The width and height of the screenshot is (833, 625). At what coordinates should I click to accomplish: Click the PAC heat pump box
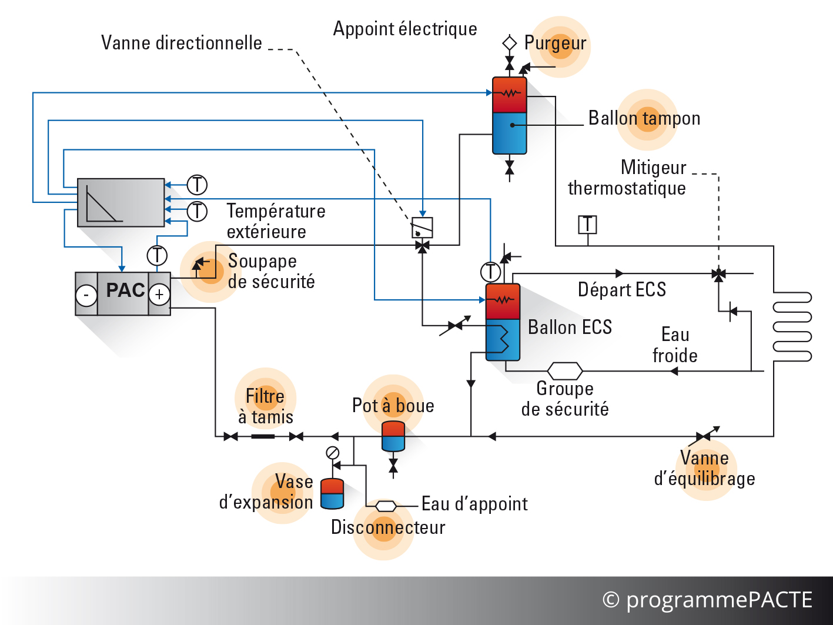pos(123,293)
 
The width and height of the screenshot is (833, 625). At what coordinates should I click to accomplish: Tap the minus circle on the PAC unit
pos(86,294)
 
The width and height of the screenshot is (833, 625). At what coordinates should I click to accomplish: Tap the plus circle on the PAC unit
pos(159,294)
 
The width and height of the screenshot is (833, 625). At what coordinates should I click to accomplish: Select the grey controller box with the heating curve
pos(121,203)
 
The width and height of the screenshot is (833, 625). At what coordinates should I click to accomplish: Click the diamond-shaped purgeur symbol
pos(510,43)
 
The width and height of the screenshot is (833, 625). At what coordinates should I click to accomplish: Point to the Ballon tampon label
pos(644,118)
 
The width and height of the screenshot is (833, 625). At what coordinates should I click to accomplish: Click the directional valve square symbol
pos(422,228)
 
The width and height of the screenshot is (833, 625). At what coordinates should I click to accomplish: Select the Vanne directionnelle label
pos(182,43)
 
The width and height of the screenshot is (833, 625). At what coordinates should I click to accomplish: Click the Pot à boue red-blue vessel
pos(393,436)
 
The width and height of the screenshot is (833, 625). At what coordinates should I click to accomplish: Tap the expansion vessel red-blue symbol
pos(332,493)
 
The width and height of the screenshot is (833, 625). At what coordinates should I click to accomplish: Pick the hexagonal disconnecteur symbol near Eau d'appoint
pos(386,506)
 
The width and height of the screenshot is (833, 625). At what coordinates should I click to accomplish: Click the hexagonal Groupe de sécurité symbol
pos(565,371)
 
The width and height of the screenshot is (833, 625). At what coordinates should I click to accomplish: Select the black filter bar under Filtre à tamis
pos(263,436)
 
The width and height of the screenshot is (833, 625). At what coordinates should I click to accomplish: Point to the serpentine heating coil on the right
pos(792,327)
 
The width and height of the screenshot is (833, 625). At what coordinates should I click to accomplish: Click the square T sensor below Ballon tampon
pos(587,225)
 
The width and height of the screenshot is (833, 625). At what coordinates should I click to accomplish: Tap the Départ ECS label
pos(622,289)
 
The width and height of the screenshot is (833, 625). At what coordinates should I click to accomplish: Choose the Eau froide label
pos(675,345)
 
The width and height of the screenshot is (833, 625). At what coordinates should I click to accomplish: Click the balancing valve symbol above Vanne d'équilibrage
pos(703,436)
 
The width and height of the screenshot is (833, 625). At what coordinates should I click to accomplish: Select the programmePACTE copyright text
pos(707,600)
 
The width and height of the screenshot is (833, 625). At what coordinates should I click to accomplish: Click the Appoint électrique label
pos(405,29)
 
